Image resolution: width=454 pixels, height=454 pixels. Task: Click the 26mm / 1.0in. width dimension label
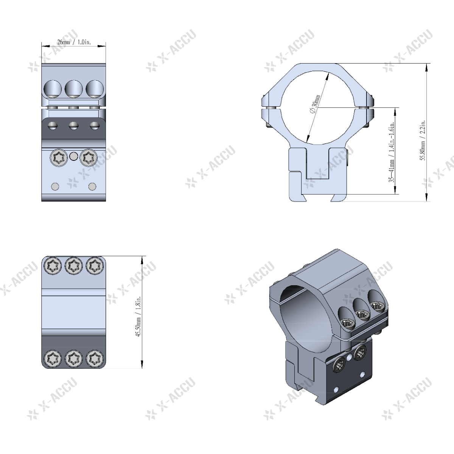pos(74,42)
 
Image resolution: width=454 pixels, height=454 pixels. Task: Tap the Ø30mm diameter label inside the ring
pos(315,104)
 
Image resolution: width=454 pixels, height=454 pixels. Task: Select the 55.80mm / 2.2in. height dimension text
pos(423,140)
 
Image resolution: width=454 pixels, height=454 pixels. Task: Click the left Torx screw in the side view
pos(59,157)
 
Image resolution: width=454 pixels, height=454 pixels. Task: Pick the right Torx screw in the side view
pos(89,157)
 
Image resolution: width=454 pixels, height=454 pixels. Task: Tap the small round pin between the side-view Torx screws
pos(74,155)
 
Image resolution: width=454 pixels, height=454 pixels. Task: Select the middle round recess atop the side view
pos(74,89)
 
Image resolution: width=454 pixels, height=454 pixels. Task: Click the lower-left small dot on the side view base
pos(56,186)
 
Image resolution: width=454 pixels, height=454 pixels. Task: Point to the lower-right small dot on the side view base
pos(92,186)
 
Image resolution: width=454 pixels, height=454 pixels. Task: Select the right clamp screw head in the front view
pos(364,109)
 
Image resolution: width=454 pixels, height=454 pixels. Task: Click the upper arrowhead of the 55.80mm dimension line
pos(427,67)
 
